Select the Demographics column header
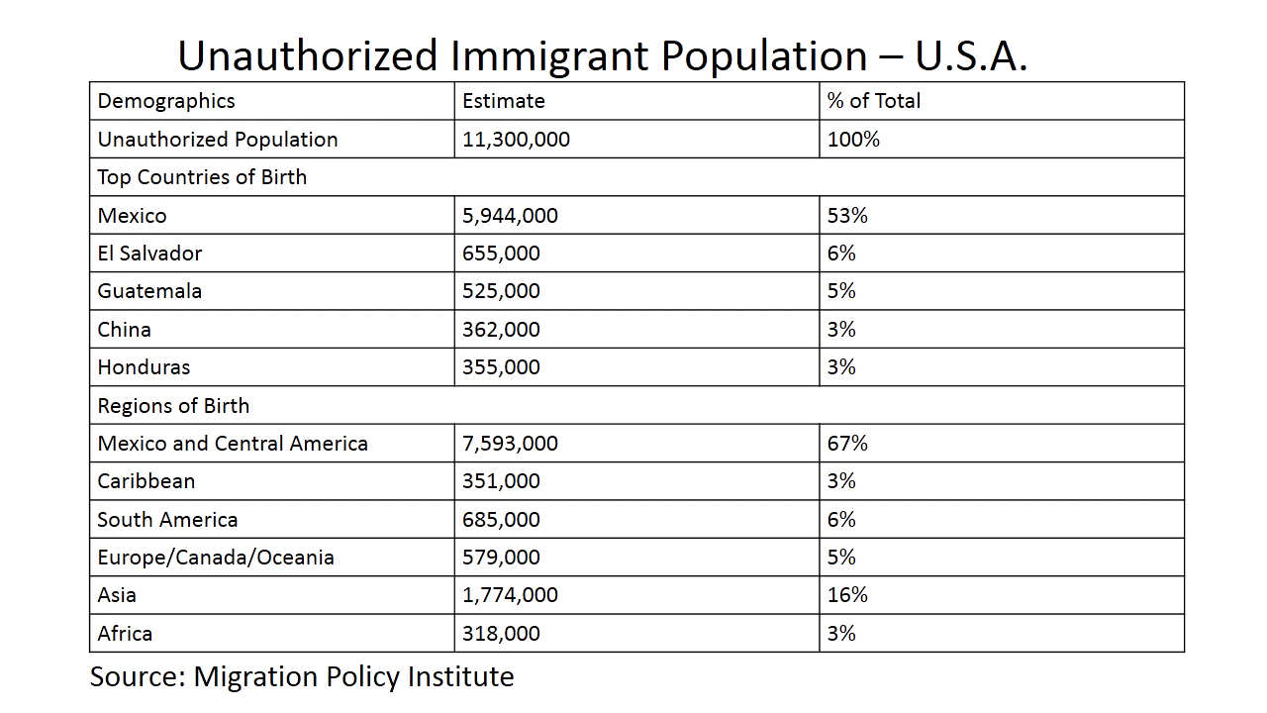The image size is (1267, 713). pyautogui.click(x=166, y=101)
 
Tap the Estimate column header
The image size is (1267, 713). pyautogui.click(x=504, y=101)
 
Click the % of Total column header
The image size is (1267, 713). pyautogui.click(x=874, y=101)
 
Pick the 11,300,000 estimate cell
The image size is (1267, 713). pyautogui.click(x=516, y=140)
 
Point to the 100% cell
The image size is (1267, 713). pyautogui.click(x=853, y=140)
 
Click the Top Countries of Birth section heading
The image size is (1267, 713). pyautogui.click(x=202, y=177)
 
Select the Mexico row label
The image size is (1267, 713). pyautogui.click(x=132, y=216)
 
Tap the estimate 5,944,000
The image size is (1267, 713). pyautogui.click(x=510, y=216)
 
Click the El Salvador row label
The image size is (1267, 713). pyautogui.click(x=149, y=254)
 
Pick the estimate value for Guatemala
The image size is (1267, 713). pyautogui.click(x=501, y=291)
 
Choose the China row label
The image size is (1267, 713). pyautogui.click(x=124, y=329)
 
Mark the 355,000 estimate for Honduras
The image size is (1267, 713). pyautogui.click(x=501, y=367)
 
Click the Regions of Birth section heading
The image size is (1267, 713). pyautogui.click(x=173, y=406)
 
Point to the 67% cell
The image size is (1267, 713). pyautogui.click(x=847, y=444)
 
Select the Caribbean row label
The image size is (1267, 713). pyautogui.click(x=146, y=481)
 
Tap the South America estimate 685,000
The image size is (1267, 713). pyautogui.click(x=501, y=520)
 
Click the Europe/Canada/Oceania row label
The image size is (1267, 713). pyautogui.click(x=216, y=558)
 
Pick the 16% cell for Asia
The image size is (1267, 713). pyautogui.click(x=847, y=595)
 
